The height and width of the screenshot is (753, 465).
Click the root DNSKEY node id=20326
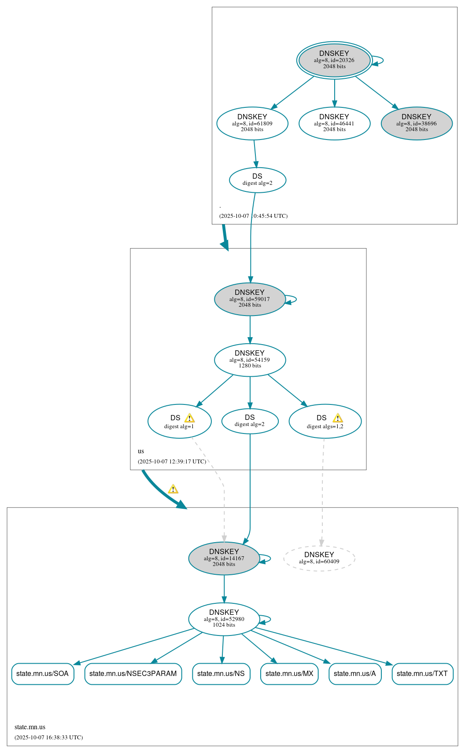click(x=334, y=60)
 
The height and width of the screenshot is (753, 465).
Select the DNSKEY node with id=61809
click(x=252, y=124)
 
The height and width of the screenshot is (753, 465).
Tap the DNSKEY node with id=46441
click(x=334, y=124)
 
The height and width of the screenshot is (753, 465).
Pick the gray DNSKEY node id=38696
click(x=417, y=124)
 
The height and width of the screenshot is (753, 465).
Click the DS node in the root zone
click(x=258, y=180)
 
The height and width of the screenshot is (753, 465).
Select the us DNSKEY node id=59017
click(x=250, y=299)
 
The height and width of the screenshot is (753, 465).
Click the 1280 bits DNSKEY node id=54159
click(x=250, y=360)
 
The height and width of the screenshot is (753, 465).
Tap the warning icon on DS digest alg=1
click(x=189, y=418)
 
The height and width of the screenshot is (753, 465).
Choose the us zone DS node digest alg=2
click(x=250, y=421)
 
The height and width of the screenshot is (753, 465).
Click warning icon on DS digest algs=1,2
click(x=338, y=418)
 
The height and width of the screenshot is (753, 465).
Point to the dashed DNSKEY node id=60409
click(x=319, y=558)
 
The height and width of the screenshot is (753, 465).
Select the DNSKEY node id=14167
click(x=224, y=558)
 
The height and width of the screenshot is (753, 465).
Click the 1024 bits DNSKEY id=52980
click(x=224, y=619)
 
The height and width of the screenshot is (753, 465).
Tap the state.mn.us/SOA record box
click(x=43, y=674)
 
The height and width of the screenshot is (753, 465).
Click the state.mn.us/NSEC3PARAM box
click(x=133, y=674)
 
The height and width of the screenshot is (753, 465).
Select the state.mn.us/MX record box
click(x=289, y=674)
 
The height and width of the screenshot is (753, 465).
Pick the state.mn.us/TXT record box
click(x=422, y=674)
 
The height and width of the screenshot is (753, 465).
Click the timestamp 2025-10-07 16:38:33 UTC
click(x=49, y=737)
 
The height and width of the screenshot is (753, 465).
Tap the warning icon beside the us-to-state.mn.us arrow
click(x=173, y=489)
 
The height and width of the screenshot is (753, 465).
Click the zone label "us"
click(x=141, y=451)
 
